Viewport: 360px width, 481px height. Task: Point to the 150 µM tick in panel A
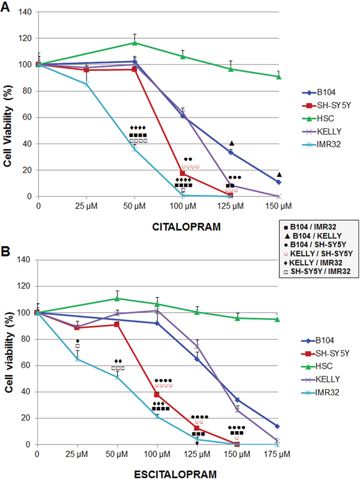pyautogui.click(x=279, y=206)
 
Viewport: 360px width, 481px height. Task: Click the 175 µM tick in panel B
pyautogui.click(x=277, y=454)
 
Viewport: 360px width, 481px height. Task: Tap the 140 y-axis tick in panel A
pyautogui.click(x=25, y=12)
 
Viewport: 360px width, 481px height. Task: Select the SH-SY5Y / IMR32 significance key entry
pyautogui.click(x=318, y=272)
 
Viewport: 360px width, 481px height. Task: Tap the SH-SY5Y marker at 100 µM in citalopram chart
pyautogui.click(x=183, y=173)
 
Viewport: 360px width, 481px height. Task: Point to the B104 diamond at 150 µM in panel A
pyautogui.click(x=279, y=182)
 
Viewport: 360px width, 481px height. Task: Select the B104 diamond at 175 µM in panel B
pyautogui.click(x=277, y=426)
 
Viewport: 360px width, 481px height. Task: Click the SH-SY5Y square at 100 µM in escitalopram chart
pyautogui.click(x=157, y=394)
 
